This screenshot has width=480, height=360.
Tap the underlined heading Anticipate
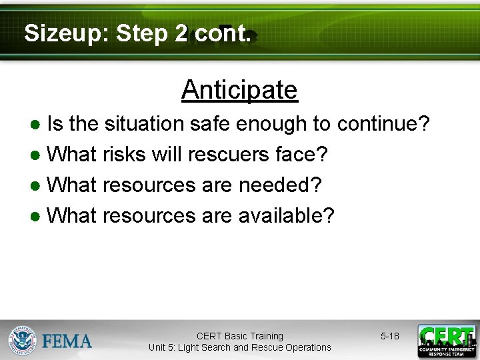pyautogui.click(x=239, y=89)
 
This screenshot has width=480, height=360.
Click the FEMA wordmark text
pyautogui.click(x=67, y=342)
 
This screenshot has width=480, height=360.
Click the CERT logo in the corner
pyautogui.click(x=447, y=341)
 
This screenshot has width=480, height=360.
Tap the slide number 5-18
pyautogui.click(x=390, y=336)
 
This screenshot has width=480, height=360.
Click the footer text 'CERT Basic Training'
pyautogui.click(x=239, y=336)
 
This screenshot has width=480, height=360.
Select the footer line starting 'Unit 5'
pyautogui.click(x=239, y=347)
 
